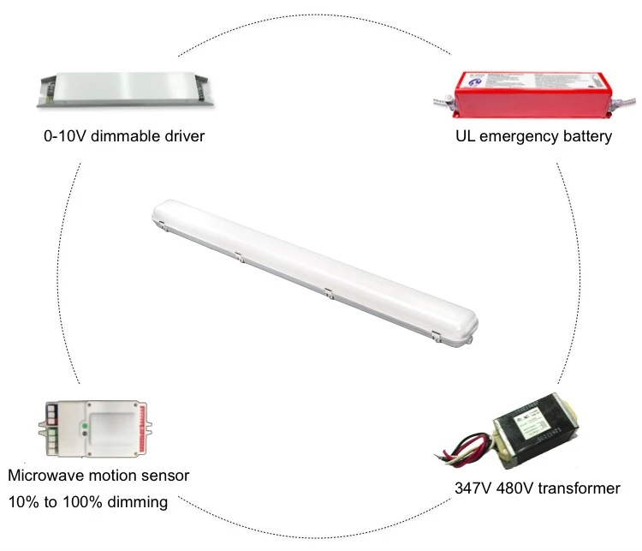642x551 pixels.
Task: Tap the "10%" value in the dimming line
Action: coord(23,501)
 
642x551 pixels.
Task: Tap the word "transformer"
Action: coord(577,488)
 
